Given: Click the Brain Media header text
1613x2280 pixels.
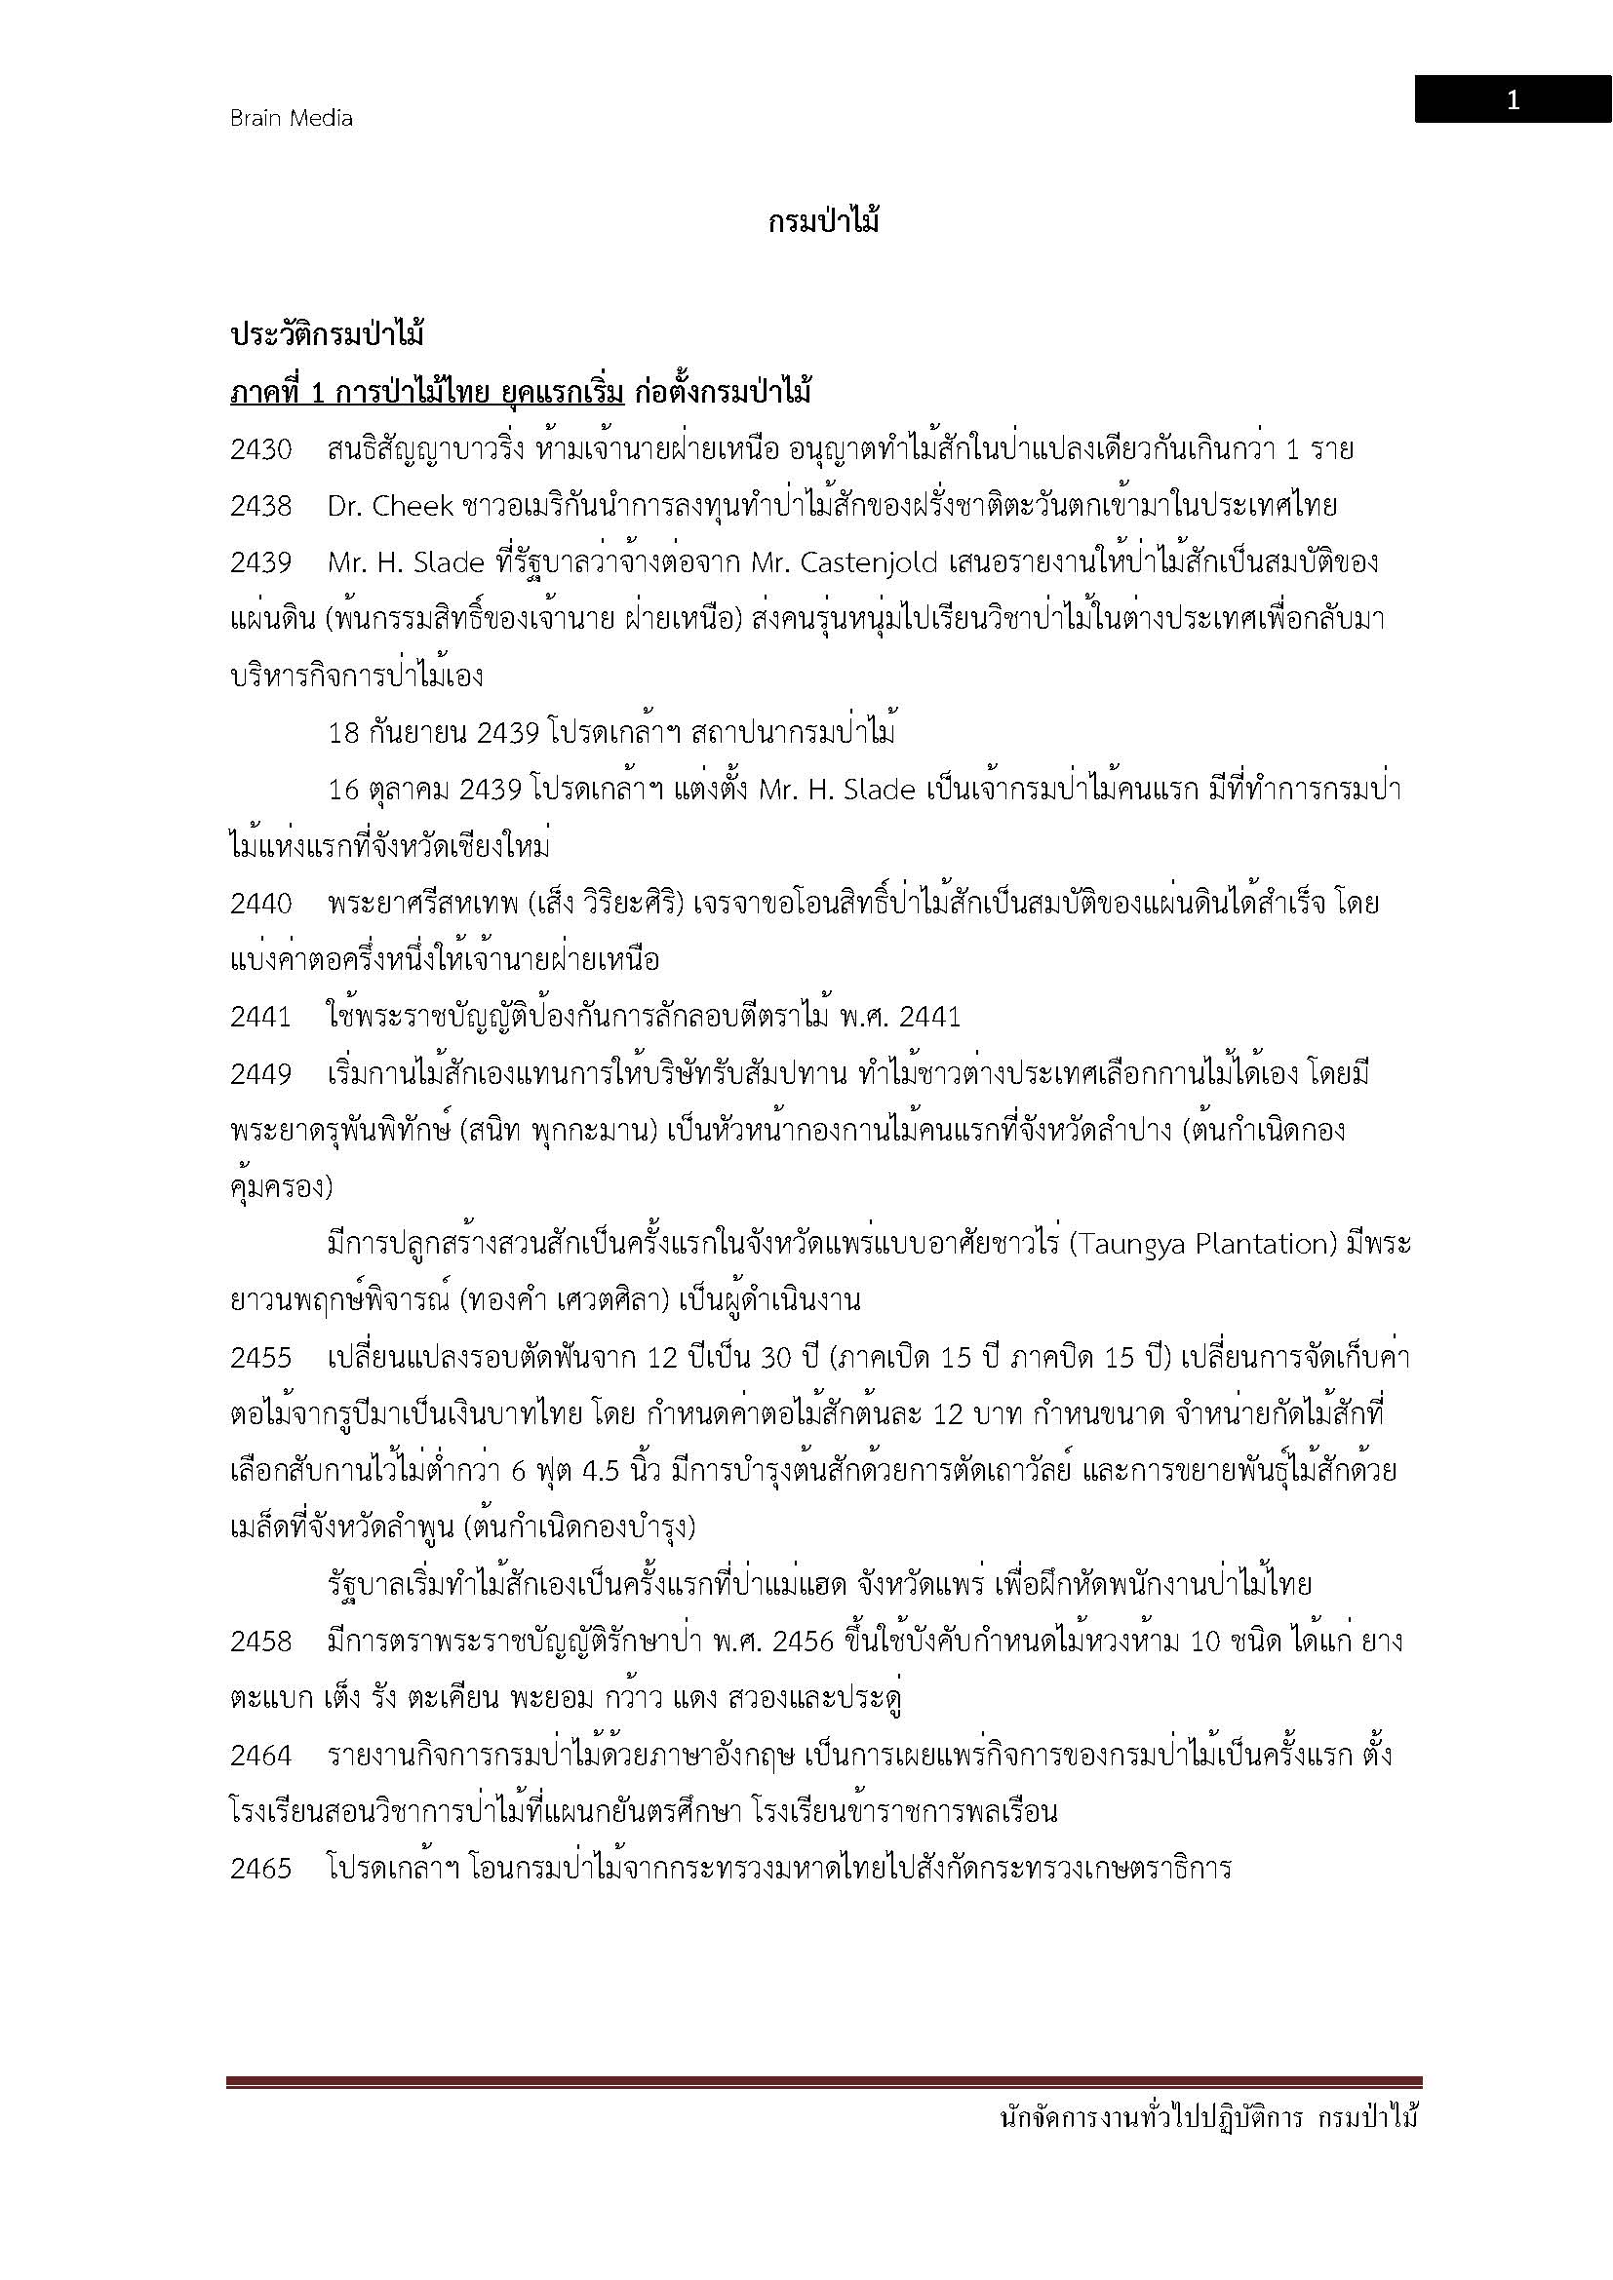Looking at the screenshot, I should tap(291, 118).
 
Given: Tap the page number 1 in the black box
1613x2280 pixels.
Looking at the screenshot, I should tap(1512, 100).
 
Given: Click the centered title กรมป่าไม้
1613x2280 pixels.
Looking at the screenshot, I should tap(823, 222).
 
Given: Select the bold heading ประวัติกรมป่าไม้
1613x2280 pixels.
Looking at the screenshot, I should tap(327, 335).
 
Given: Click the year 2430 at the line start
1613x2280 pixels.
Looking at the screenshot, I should tap(261, 449).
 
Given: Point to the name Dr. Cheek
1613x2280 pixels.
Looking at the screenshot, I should tap(390, 507).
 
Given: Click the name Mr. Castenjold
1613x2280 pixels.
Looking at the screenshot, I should tap(845, 563).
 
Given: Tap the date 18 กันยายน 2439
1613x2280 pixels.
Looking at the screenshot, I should tap(434, 734).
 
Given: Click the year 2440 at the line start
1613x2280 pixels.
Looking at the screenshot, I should tap(261, 904).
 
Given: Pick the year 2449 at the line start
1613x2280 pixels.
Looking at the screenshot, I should tap(261, 1074).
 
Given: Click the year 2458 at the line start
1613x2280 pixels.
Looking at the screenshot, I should tap(261, 1642).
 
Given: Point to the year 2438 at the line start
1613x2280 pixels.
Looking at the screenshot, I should tap(261, 507).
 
